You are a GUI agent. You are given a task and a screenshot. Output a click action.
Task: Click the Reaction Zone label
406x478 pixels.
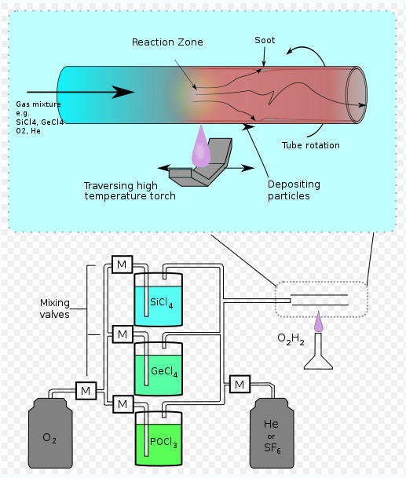click(x=167, y=42)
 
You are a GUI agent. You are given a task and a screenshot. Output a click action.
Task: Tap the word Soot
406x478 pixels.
click(x=265, y=40)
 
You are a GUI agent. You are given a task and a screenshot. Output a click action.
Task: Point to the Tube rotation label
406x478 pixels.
click(x=310, y=145)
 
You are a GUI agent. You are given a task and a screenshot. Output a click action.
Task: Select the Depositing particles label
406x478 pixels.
click(x=294, y=190)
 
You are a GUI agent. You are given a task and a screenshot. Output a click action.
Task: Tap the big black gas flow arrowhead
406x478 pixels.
click(x=123, y=92)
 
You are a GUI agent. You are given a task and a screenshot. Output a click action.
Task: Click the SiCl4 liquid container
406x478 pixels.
click(x=159, y=299)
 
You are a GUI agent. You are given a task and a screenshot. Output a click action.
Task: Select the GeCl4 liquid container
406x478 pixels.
click(x=159, y=369)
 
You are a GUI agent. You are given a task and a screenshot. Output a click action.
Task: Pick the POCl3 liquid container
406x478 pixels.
click(x=159, y=439)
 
